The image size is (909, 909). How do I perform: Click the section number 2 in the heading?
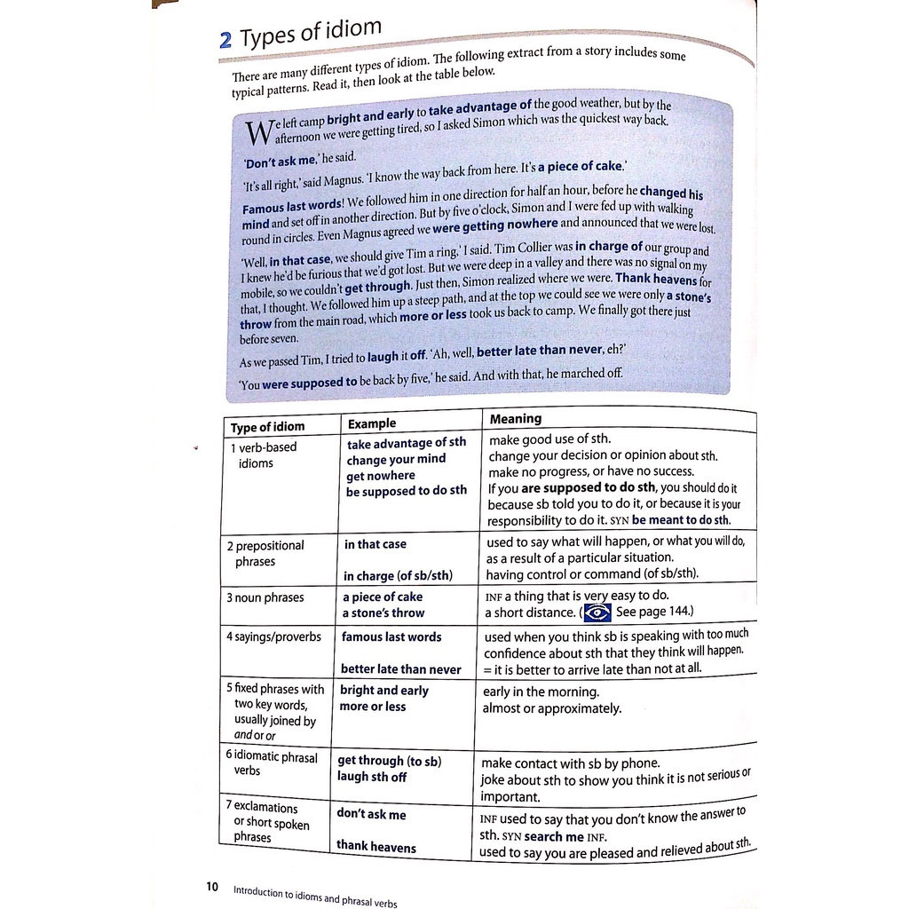pyautogui.click(x=225, y=41)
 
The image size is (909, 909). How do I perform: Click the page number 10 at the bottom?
pyautogui.click(x=212, y=887)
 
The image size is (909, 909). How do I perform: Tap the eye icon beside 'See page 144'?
pyautogui.click(x=597, y=613)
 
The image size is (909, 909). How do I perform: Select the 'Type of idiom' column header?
pyautogui.click(x=267, y=427)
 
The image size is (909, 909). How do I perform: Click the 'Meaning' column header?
pyautogui.click(x=515, y=419)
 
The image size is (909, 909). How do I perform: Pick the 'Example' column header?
pyautogui.click(x=372, y=423)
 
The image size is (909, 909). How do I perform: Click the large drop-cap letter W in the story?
pyautogui.click(x=257, y=133)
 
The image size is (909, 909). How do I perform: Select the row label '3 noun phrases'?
pyautogui.click(x=265, y=597)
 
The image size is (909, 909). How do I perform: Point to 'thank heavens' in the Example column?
pyautogui.click(x=375, y=847)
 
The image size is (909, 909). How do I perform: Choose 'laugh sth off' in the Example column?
pyautogui.click(x=371, y=777)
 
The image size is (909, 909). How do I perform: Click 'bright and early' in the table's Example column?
pyautogui.click(x=383, y=690)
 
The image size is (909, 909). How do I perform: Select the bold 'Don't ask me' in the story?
pyautogui.click(x=280, y=161)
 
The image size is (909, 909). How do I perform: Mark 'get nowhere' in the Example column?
pyautogui.click(x=380, y=476)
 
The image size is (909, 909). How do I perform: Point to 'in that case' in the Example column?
pyautogui.click(x=375, y=544)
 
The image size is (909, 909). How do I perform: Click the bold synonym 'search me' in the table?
pyautogui.click(x=554, y=836)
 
